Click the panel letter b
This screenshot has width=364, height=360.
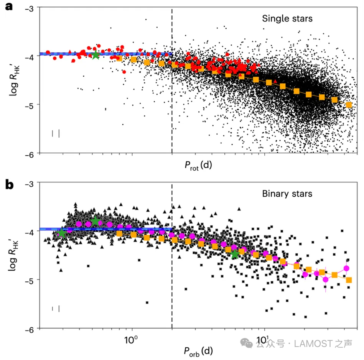point(9,185)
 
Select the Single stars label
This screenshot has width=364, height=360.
point(287,18)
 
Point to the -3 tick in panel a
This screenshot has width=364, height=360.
point(27,8)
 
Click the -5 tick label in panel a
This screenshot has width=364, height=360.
point(27,105)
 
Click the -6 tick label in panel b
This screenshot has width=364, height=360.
point(27,329)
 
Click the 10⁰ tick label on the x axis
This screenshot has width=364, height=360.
point(132,341)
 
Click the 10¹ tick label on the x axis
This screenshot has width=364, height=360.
point(264,341)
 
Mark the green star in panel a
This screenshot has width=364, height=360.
point(95,55)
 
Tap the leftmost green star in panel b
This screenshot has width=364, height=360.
point(61,233)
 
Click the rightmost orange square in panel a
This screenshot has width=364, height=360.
point(349,105)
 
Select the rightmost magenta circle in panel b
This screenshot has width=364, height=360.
point(346,268)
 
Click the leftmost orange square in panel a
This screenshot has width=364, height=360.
point(119,58)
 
